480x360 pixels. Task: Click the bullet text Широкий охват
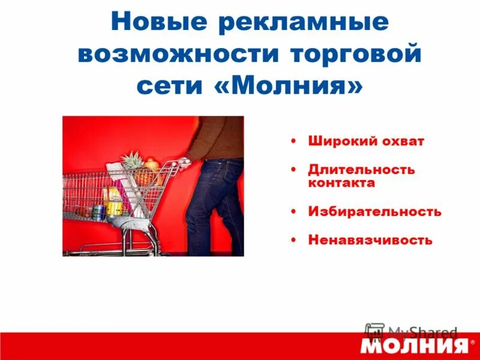coord(366,142)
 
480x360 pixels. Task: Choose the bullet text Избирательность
coord(374,212)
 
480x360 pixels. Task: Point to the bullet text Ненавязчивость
coord(370,240)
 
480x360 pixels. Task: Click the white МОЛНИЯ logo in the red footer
coord(414,346)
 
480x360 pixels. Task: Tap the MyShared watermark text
coord(422,332)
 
